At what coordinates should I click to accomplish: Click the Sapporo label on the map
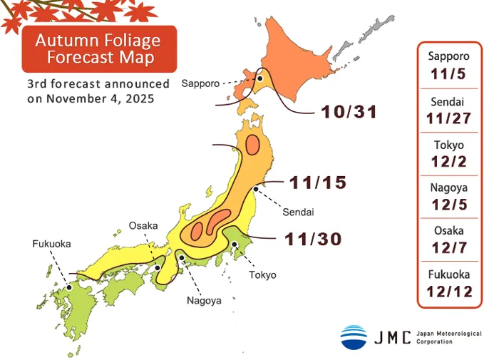click(x=200, y=83)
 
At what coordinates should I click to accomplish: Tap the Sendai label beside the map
click(x=298, y=212)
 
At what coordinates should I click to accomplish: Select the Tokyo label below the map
click(x=262, y=274)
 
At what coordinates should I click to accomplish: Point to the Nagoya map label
click(x=204, y=300)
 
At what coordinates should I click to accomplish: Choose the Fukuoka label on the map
click(x=51, y=244)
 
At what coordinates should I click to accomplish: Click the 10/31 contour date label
click(x=349, y=112)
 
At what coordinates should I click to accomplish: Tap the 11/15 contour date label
click(x=317, y=182)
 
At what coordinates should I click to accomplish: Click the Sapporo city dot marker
click(x=261, y=80)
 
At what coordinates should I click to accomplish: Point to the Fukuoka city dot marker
click(x=69, y=287)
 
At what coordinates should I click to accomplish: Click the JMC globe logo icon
click(x=354, y=336)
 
